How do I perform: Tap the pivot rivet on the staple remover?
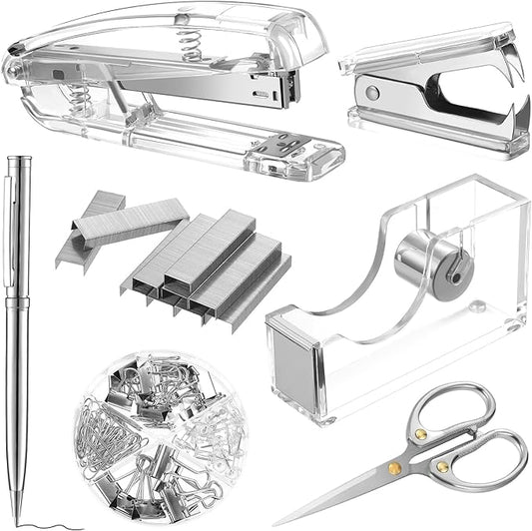point(372,92)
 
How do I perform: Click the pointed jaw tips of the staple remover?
point(518,75)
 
